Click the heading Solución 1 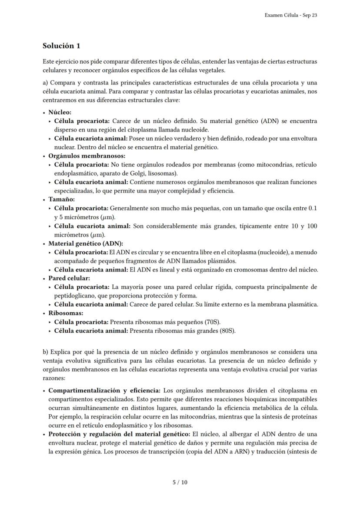[x=61, y=46]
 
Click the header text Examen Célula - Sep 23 [x=290, y=15]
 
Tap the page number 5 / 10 [x=180, y=482]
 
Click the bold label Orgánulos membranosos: [x=87, y=155]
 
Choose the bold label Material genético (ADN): [x=86, y=243]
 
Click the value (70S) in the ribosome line [x=212, y=322]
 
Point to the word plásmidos [x=222, y=261]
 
